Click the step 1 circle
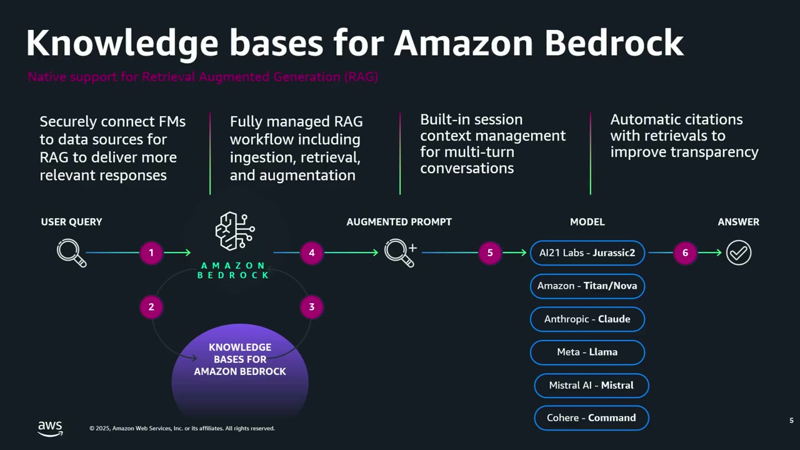[151, 253]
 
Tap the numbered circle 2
[151, 307]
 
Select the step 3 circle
[311, 307]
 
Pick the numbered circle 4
[311, 253]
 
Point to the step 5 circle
[490, 253]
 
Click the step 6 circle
[685, 253]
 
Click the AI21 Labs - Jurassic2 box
[587, 253]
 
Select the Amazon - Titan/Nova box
[587, 286]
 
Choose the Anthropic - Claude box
[587, 319]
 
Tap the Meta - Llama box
[587, 352]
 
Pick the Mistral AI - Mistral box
[591, 385]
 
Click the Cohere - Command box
[591, 417]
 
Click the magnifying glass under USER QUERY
[71, 253]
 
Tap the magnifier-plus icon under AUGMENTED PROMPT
[400, 252]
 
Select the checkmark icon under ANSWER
[739, 253]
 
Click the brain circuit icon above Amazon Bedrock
[234, 231]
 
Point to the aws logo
[50, 428]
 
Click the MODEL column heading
[587, 222]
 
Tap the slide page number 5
[791, 421]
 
